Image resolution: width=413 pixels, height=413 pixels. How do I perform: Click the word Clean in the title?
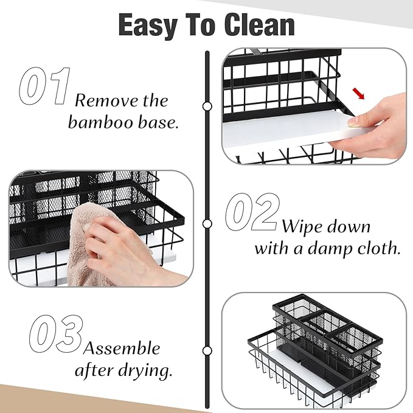(260, 26)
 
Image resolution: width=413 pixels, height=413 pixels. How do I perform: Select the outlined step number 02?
(252, 212)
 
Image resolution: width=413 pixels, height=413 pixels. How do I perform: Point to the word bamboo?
(102, 122)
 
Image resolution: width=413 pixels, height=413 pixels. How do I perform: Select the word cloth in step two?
(377, 248)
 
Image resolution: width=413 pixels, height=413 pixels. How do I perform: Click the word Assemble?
(122, 349)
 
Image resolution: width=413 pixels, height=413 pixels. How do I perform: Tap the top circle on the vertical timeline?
(207, 106)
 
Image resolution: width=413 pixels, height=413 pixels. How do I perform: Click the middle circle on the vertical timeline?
(207, 223)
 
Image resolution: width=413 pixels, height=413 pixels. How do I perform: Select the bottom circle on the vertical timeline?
(207, 351)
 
